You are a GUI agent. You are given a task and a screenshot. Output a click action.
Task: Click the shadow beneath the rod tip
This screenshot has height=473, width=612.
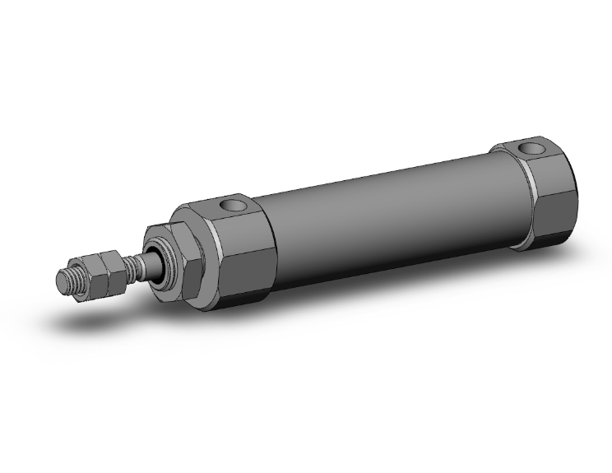(90, 317)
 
